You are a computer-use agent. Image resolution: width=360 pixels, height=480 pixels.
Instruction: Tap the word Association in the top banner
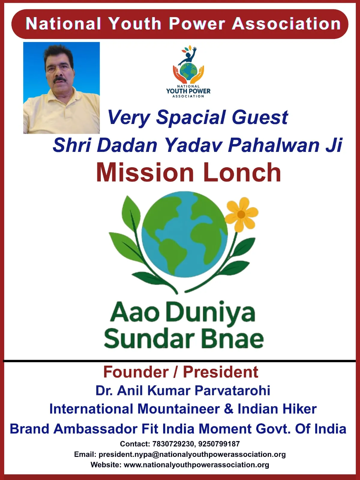pos(286,24)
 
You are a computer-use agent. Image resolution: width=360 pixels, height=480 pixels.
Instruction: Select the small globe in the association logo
pos(188,71)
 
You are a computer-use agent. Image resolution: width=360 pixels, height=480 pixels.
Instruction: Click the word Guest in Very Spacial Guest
pos(260,117)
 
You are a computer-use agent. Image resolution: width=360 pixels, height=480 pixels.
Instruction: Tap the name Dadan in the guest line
pos(127,145)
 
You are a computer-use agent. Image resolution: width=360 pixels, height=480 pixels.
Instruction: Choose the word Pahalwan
pos(274,145)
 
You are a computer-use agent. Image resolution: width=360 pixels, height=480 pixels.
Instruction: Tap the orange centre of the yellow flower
pos(241,215)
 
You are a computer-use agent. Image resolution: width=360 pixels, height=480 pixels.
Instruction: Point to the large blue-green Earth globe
pos(184,234)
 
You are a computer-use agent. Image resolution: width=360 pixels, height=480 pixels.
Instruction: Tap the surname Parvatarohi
pos(232,391)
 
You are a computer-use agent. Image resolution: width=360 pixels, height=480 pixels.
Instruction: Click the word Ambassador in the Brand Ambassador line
pos(95,428)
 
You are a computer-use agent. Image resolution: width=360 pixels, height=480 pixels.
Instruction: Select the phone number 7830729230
pos(173,444)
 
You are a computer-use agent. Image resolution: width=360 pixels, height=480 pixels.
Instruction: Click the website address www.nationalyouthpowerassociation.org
pos(196,464)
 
